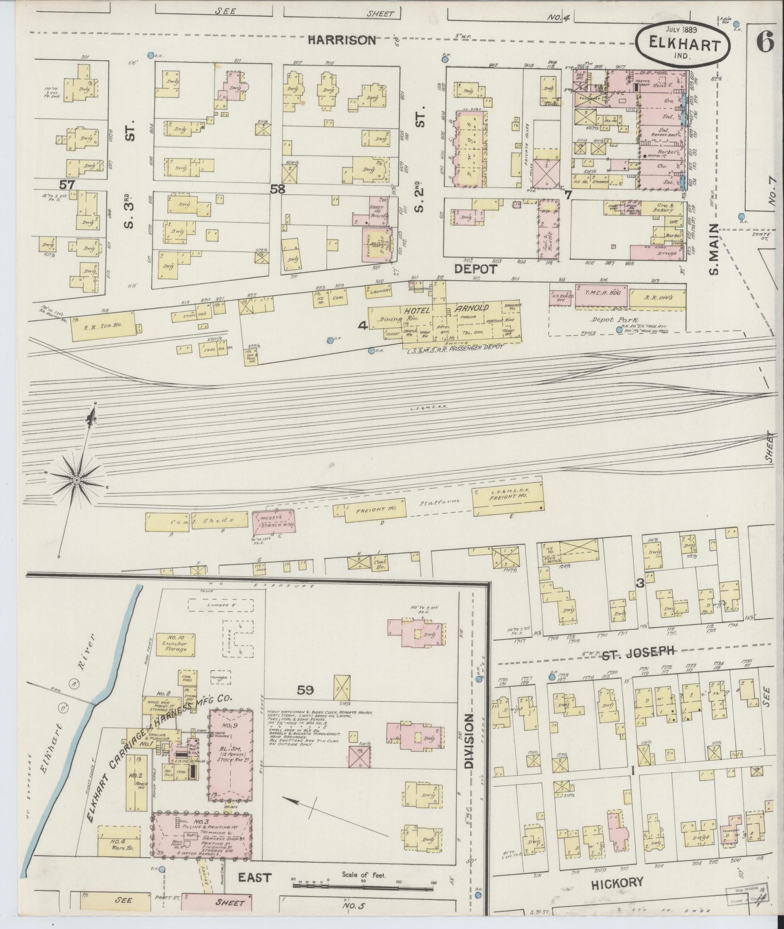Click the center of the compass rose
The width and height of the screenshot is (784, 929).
point(76,480)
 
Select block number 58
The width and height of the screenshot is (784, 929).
point(278,188)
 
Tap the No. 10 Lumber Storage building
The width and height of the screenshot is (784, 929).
point(174,644)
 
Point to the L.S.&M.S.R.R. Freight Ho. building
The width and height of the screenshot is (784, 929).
point(508,502)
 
